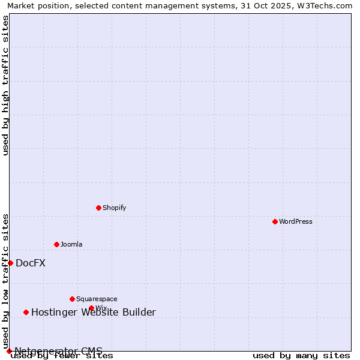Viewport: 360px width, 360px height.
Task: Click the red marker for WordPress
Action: click(275, 221)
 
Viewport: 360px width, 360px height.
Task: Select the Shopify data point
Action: click(98, 208)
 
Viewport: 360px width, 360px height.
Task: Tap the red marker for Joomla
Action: click(56, 244)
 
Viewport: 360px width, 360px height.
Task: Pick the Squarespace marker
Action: click(72, 299)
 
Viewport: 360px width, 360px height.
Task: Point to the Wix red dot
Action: click(91, 308)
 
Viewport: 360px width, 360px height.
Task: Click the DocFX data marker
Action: click(10, 263)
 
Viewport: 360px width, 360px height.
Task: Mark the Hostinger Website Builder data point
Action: click(26, 312)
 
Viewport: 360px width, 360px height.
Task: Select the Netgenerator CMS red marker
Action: click(9, 351)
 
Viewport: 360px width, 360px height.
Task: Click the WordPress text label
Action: click(296, 221)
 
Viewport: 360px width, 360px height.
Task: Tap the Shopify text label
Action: click(115, 208)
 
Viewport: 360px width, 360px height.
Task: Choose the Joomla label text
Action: click(71, 244)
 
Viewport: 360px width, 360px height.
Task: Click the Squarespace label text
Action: click(97, 299)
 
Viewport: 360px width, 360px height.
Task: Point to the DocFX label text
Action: click(31, 263)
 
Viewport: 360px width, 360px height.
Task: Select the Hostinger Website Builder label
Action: click(94, 312)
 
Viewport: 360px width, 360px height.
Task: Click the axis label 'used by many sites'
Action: click(301, 355)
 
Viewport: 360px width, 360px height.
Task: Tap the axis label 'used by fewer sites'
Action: click(62, 355)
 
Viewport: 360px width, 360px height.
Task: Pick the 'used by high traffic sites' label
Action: click(6, 85)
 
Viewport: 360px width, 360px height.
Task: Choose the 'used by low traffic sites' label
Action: click(6, 281)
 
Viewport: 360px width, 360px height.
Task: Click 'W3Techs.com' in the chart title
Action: click(327, 5)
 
